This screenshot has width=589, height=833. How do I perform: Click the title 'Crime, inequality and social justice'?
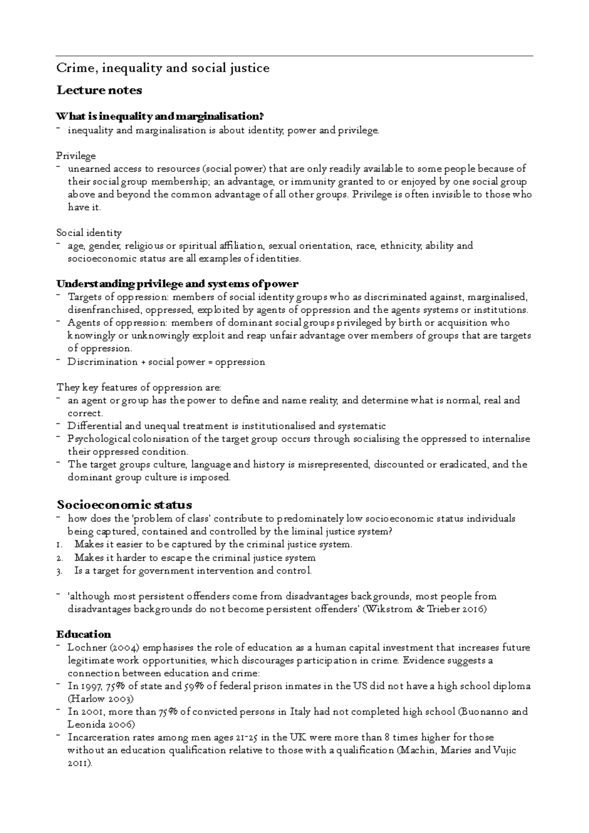point(162,68)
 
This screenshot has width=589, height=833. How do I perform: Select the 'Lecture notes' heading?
point(99,90)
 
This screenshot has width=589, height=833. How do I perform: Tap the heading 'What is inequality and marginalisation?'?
point(160,117)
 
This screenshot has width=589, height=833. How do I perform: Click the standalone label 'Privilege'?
point(76,156)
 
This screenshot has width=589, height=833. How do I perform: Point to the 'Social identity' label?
point(89,233)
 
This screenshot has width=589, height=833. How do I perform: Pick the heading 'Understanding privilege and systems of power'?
point(177,284)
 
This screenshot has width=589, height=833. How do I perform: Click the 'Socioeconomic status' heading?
point(124,505)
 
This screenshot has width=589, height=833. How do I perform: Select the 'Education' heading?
point(83,634)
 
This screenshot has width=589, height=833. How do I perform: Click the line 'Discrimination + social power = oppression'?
point(166,362)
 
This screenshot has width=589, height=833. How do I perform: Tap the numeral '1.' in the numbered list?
point(59,545)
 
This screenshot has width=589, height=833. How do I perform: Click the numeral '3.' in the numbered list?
point(59,571)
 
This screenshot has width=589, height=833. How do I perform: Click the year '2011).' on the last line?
point(80,764)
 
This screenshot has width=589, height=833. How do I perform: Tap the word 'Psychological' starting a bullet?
point(99,439)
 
